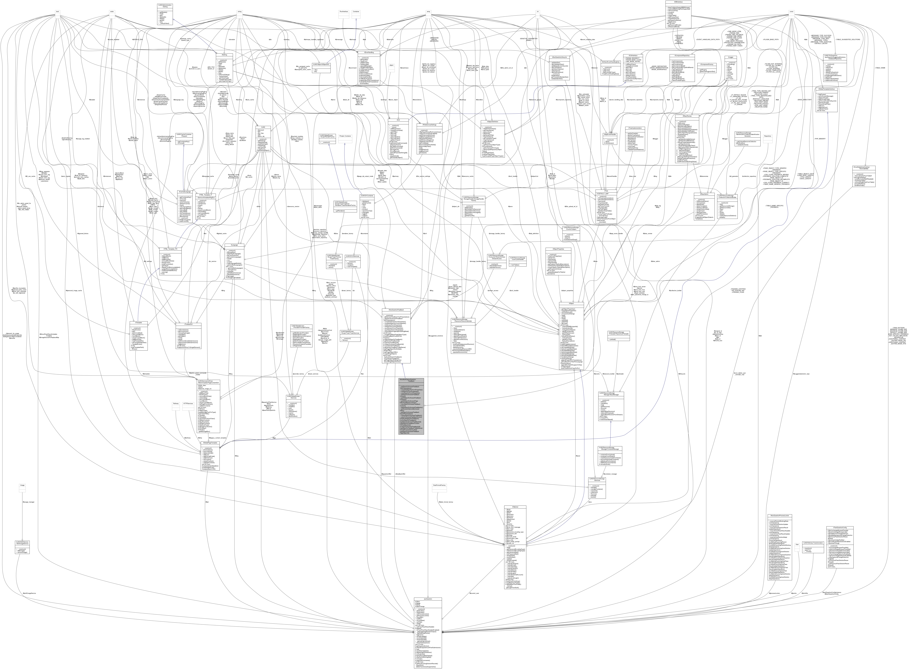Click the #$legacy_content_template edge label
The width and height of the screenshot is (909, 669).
tap(217, 438)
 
